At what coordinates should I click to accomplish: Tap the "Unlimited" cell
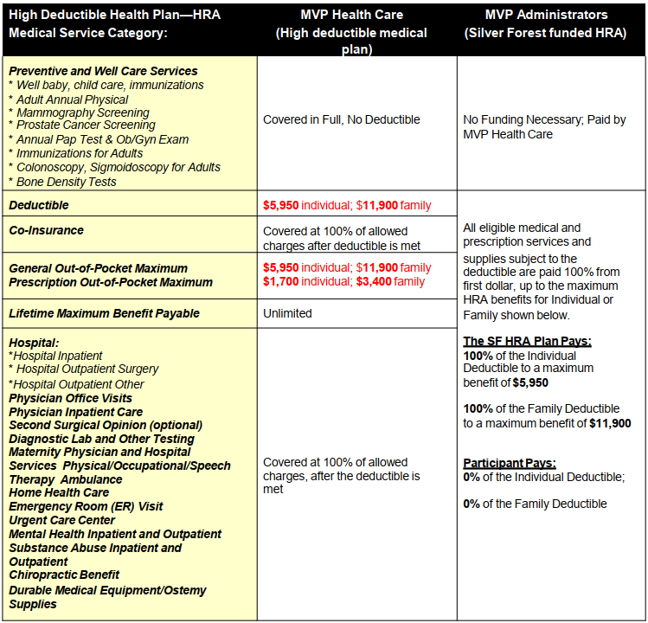click(x=287, y=313)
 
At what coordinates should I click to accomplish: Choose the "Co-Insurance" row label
click(x=47, y=230)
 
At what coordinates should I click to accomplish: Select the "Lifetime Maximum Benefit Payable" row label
click(x=104, y=313)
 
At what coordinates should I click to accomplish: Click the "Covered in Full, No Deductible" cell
click(x=341, y=119)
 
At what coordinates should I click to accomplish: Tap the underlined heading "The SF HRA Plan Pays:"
click(x=527, y=341)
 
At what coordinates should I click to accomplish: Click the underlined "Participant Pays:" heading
click(x=510, y=463)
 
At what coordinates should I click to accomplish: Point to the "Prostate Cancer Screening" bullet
click(x=85, y=125)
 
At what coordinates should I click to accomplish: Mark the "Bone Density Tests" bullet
click(x=66, y=182)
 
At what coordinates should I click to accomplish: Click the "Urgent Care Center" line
click(x=61, y=520)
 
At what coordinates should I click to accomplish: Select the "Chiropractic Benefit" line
click(x=64, y=575)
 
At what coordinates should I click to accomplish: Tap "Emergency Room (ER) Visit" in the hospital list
click(x=86, y=506)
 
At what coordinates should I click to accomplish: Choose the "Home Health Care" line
click(x=59, y=492)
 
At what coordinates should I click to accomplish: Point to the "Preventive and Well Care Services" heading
click(x=103, y=71)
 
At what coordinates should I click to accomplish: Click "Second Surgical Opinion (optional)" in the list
click(x=106, y=425)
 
